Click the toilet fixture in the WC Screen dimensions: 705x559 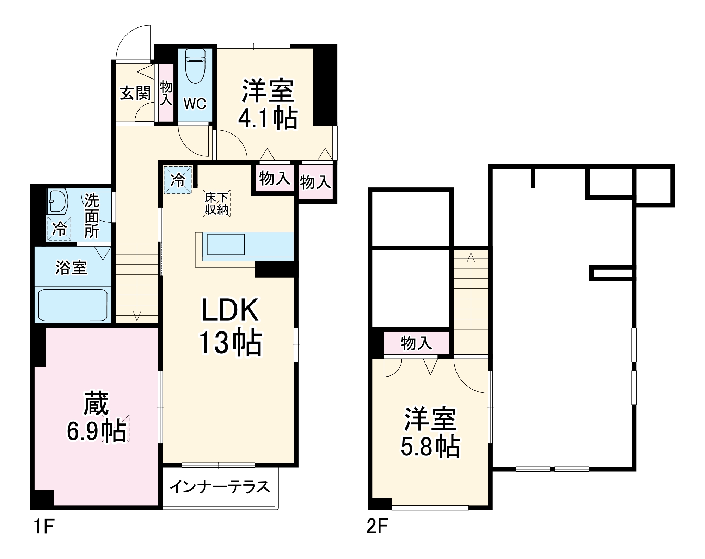pos(195,66)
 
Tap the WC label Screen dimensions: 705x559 pos(195,104)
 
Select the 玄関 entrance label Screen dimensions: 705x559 pos(135,93)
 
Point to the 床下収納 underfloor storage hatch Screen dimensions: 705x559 pos(216,203)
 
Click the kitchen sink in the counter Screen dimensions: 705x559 pos(226,244)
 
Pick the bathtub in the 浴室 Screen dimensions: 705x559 pos(73,305)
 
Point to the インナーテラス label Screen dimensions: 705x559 pos(220,487)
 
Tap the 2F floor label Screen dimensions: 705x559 pos(377,527)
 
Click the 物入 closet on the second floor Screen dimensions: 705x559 pos(416,343)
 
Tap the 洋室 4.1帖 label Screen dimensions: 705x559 pos(268,105)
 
